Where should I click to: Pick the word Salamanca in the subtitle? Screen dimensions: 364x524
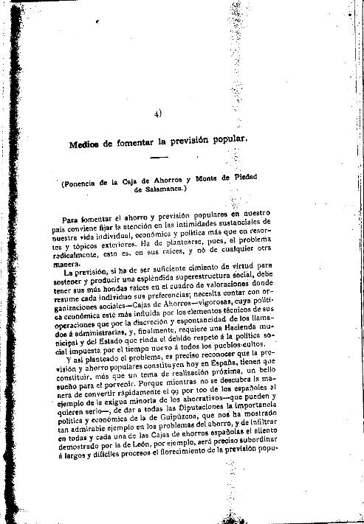[x=167, y=189]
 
